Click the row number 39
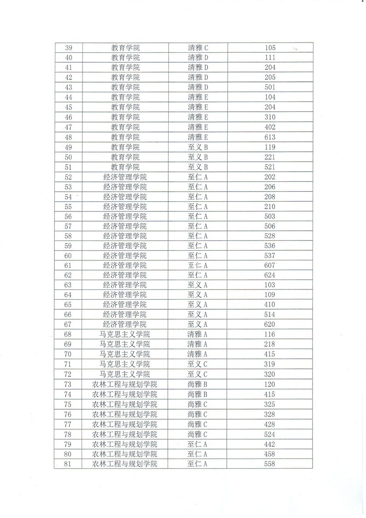point(69,48)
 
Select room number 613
point(270,137)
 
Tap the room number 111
point(270,58)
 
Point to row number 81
point(68,464)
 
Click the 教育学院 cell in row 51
point(125,167)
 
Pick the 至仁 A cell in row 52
point(198,177)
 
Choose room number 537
point(270,256)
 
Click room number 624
point(270,275)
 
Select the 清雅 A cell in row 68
point(198,334)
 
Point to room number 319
point(270,364)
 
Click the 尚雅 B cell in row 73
point(198,385)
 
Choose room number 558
point(270,464)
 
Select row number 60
point(68,256)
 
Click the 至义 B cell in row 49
point(198,147)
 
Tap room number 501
point(270,87)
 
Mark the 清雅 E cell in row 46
point(198,117)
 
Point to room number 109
point(270,295)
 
